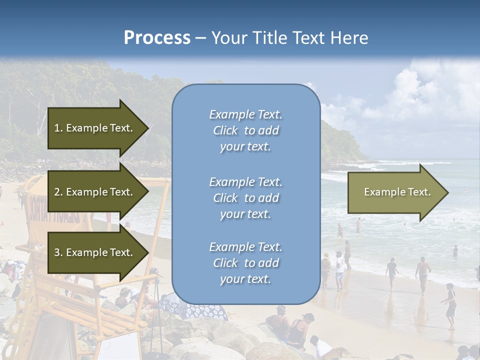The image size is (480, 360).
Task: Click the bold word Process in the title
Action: coord(157,38)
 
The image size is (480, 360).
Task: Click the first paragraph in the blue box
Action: coord(245,130)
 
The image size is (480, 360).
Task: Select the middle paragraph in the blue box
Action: coord(245,198)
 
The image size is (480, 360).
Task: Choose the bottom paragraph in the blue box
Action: coord(245,263)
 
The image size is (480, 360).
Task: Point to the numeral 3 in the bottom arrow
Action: coord(57,252)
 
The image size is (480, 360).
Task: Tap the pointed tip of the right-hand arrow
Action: coord(447,192)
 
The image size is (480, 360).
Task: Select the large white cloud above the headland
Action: coord(425,95)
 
